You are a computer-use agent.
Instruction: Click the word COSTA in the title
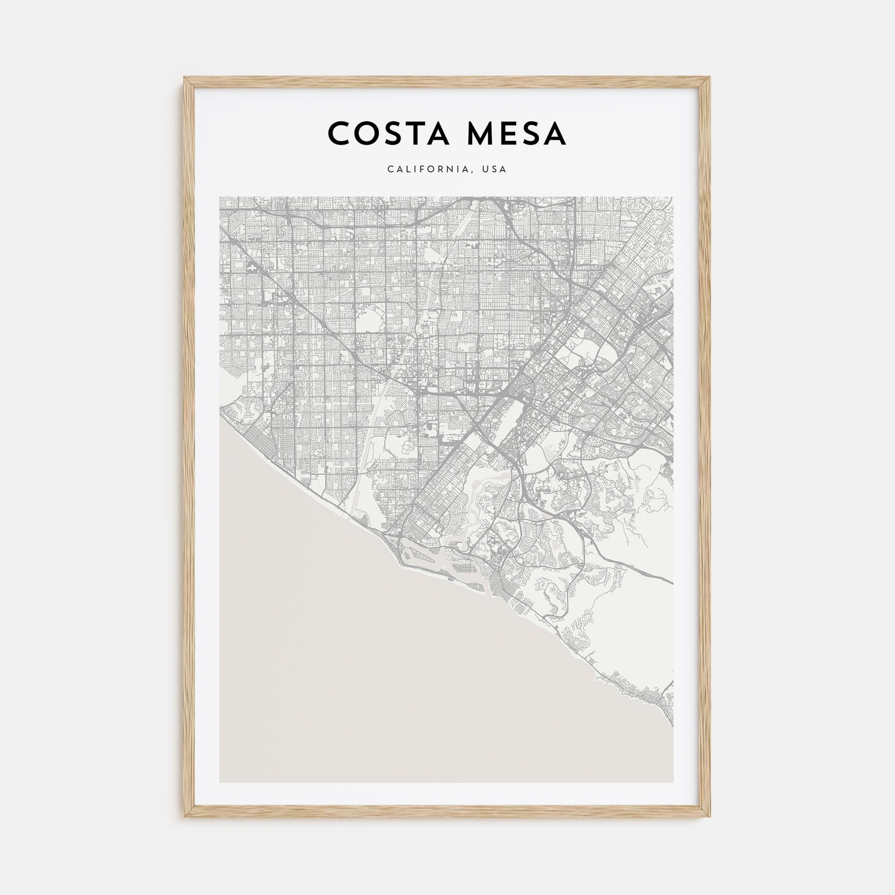(x=388, y=133)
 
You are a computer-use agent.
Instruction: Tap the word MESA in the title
(x=516, y=133)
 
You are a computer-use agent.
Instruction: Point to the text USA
(x=494, y=170)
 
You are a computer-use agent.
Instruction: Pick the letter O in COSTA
(x=367, y=133)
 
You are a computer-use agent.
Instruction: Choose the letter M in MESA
(x=482, y=133)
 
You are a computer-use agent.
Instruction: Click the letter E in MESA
(x=511, y=133)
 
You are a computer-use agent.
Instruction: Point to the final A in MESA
(x=554, y=133)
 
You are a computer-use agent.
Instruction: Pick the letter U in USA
(x=485, y=170)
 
